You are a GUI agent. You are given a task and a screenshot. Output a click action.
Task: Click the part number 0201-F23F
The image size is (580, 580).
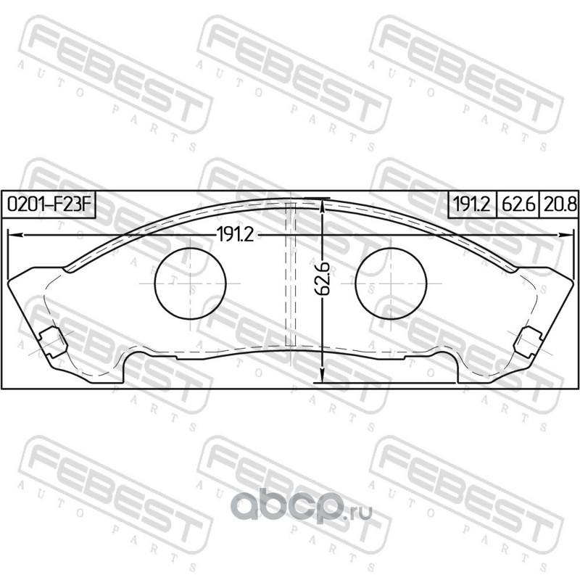pyautogui.click(x=49, y=204)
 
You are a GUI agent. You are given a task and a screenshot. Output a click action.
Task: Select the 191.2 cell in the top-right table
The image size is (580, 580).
pyautogui.click(x=472, y=204)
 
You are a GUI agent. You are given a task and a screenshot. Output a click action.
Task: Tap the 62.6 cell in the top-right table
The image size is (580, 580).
pyautogui.click(x=518, y=204)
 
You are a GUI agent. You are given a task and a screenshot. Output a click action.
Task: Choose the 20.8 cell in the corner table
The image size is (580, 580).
pyautogui.click(x=558, y=204)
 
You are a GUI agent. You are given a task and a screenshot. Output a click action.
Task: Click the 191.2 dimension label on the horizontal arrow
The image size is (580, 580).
pyautogui.click(x=235, y=234)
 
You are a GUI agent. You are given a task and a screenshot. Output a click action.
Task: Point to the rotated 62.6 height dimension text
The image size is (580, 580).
pyautogui.click(x=323, y=278)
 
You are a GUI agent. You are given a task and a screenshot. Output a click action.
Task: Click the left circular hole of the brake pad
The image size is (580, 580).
pyautogui.click(x=190, y=283)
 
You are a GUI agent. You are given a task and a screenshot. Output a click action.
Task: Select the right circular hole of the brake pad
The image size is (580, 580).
pyautogui.click(x=391, y=283)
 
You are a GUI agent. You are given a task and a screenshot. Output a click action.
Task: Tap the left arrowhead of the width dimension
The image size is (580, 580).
pyautogui.click(x=14, y=235)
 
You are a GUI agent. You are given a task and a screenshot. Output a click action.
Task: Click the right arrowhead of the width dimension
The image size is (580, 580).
pyautogui.click(x=565, y=235)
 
